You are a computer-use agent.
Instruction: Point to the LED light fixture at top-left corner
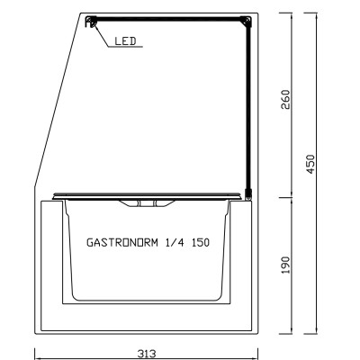point(90,24)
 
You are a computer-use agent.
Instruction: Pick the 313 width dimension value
point(147,353)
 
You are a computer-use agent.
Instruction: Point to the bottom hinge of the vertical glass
point(249,192)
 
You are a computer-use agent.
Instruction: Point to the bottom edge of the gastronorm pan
point(147,300)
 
